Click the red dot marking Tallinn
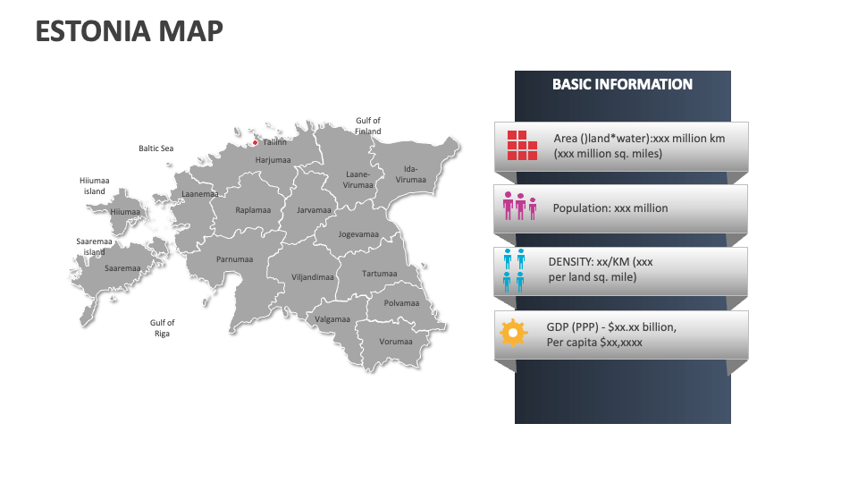coord(255,143)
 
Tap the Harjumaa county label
coord(273,160)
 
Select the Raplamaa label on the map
coord(253,209)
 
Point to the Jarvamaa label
coord(314,209)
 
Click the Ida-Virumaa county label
coord(411,174)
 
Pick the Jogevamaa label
coord(358,234)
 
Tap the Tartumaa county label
coord(379,274)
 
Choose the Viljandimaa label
coord(313,277)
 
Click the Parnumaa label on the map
coord(234,259)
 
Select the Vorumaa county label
coord(396,342)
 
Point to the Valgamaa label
coord(332,319)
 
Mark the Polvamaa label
coord(401,303)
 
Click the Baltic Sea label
coord(156,148)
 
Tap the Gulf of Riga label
coord(162,328)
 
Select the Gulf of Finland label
coord(367,126)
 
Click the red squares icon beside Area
coord(522,145)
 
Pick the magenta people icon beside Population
coord(520,206)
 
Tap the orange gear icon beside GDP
coord(513,333)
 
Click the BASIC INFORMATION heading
coord(622,84)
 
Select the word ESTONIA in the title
coord(93,31)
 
